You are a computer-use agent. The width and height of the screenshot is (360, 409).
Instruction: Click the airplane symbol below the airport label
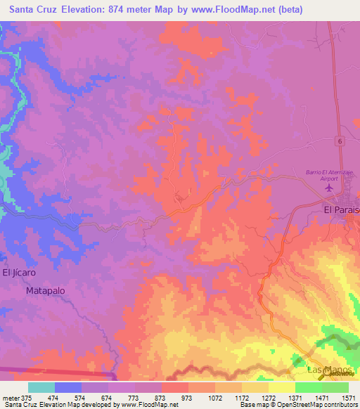pyautogui.click(x=325, y=188)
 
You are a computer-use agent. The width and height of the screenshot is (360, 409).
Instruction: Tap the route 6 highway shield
pyautogui.click(x=339, y=141)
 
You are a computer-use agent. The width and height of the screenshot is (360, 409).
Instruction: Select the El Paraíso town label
pyautogui.click(x=341, y=209)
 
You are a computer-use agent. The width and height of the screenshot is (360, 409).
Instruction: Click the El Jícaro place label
pyautogui.click(x=18, y=273)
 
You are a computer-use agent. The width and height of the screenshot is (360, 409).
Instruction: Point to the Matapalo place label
pyautogui.click(x=45, y=290)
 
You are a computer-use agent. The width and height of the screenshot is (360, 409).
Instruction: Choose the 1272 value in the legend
pyautogui.click(x=268, y=397)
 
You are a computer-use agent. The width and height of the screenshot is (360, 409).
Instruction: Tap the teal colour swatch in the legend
pyautogui.click(x=41, y=387)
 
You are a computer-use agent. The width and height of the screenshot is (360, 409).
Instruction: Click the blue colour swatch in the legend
pyautogui.click(x=68, y=387)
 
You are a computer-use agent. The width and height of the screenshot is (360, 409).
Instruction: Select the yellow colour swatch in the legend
pyautogui.click(x=281, y=387)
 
